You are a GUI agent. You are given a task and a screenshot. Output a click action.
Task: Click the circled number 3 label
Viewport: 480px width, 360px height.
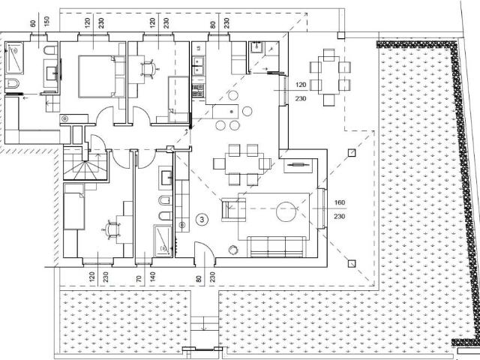(202, 219)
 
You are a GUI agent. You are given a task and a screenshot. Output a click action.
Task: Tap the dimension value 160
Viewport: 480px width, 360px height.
(340, 202)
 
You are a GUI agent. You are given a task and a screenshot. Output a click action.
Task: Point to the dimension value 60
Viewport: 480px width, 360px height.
(33, 23)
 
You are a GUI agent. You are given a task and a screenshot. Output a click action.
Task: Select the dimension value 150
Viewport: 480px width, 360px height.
(46, 22)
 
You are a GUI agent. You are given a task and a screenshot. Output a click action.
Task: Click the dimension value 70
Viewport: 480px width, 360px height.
(139, 279)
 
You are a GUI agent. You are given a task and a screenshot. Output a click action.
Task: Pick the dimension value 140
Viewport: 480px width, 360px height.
(153, 277)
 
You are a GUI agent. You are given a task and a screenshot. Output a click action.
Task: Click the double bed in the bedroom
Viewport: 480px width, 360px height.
(101, 76)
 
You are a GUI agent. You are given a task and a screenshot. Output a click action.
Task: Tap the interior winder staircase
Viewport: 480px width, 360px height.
(85, 165)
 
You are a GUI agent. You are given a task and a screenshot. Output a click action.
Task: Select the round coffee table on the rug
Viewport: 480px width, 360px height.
(286, 211)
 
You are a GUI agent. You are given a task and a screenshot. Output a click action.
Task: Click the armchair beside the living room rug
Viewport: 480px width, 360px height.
(233, 209)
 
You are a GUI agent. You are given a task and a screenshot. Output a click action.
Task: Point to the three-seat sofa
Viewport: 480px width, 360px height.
(276, 247)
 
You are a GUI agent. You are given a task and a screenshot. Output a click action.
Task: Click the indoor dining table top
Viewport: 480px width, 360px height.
(244, 163)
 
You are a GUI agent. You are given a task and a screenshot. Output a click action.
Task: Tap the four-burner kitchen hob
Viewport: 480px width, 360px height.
(198, 91)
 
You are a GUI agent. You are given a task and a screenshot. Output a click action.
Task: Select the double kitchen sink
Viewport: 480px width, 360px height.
(198, 65)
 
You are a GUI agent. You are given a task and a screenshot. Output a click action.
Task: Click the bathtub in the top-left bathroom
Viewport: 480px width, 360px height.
(14, 58)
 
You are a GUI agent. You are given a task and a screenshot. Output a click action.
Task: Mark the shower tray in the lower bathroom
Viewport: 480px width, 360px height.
(163, 241)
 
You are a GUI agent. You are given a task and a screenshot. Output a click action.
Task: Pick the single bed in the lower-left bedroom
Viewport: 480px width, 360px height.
(73, 206)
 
